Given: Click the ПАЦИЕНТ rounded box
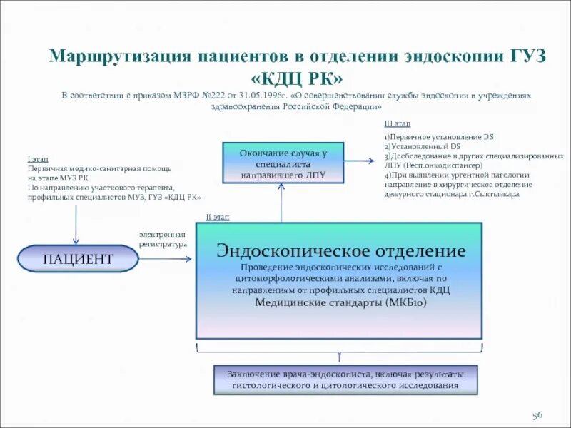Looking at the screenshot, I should pyautogui.click(x=78, y=258).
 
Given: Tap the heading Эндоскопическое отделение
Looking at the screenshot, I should pyautogui.click(x=341, y=251).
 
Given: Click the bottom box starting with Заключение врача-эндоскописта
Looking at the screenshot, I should pyautogui.click(x=345, y=380).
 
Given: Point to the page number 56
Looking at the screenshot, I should pyautogui.click(x=537, y=415).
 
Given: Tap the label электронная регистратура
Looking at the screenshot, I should pyautogui.click(x=163, y=239).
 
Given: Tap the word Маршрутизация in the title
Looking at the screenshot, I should pyautogui.click(x=118, y=56).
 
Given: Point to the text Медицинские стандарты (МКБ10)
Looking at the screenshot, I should pyautogui.click(x=340, y=302).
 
